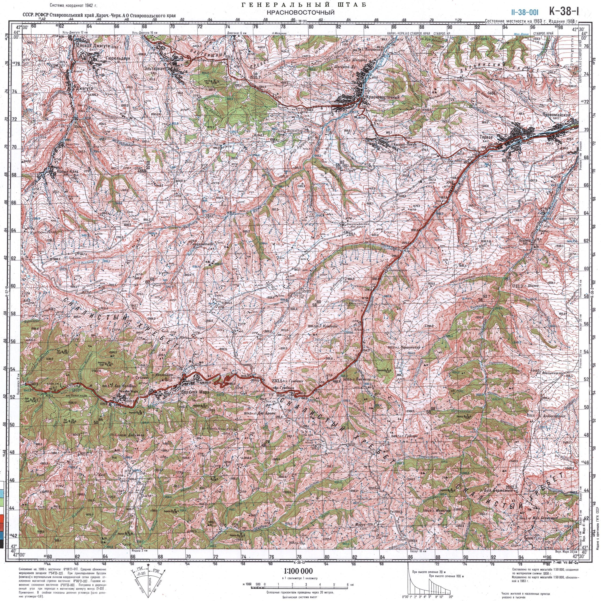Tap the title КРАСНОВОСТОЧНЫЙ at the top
[x=300, y=12]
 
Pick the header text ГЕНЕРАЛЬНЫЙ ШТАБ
[x=300, y=5]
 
